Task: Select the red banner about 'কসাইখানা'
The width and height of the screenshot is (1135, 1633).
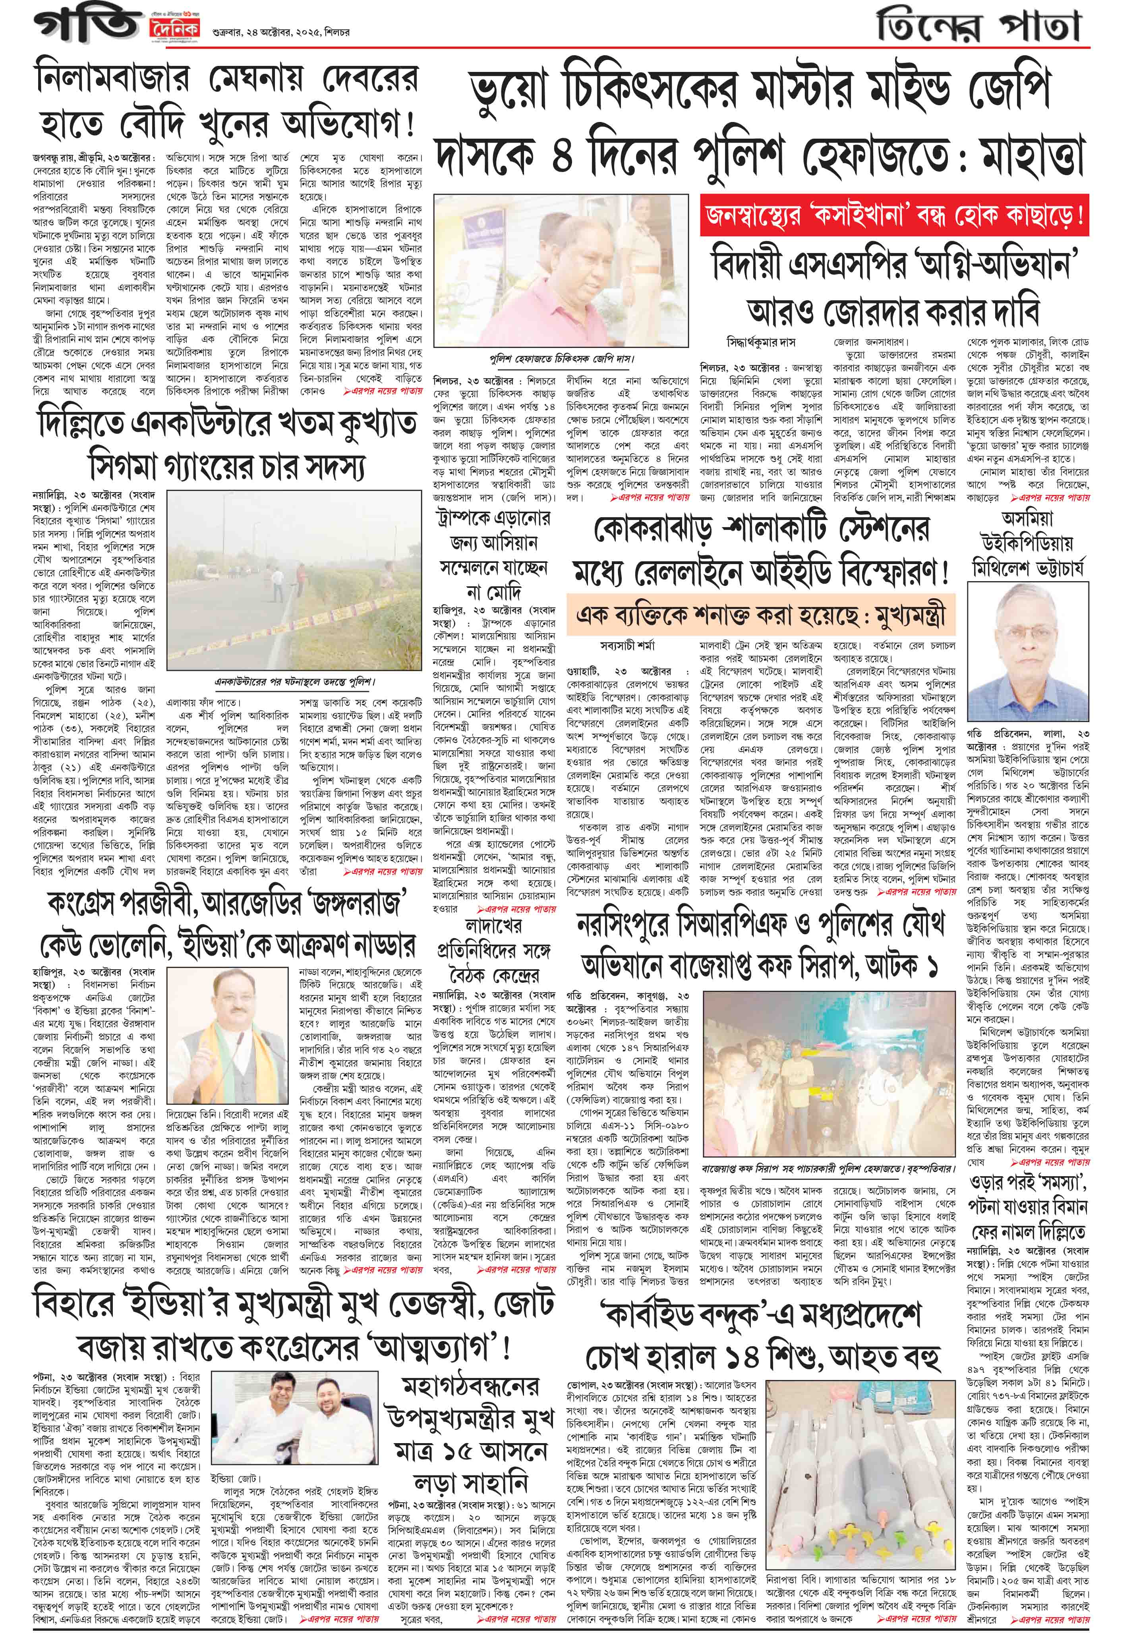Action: (x=894, y=215)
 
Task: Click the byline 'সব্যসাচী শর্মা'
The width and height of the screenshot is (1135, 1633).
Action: (x=629, y=646)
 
